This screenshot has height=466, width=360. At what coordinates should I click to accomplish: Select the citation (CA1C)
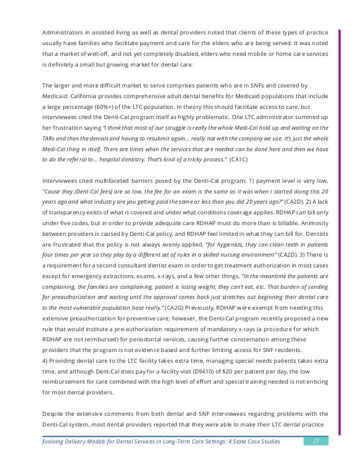(x=239, y=160)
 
